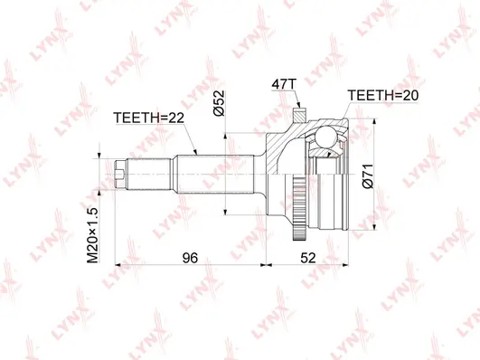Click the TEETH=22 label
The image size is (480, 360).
point(148,117)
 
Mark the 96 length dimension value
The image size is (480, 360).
point(189,258)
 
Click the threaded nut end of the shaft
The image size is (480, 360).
point(122,169)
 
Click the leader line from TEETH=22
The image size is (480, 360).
point(187,140)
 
